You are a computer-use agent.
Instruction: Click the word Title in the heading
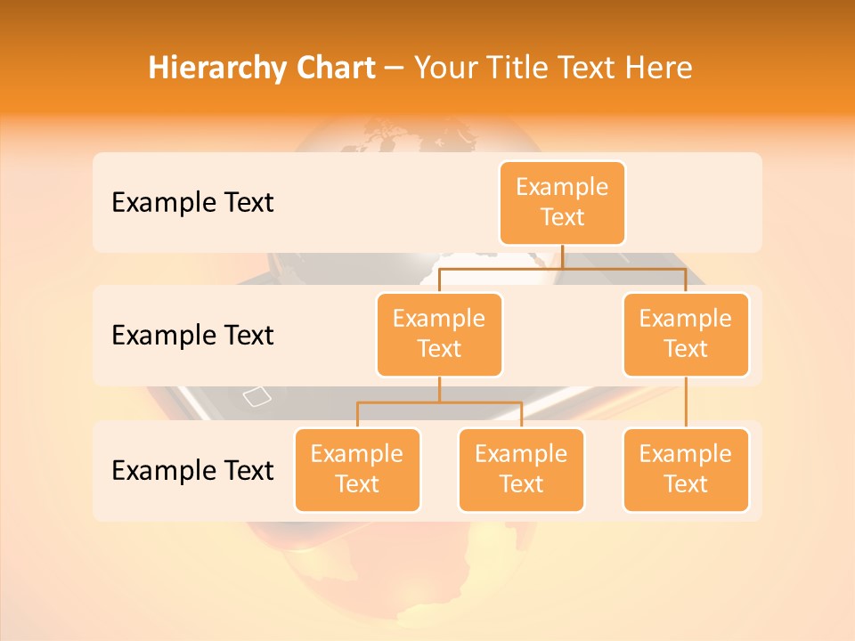516,68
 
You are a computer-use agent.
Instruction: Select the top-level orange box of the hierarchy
562,203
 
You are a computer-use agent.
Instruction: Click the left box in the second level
439,334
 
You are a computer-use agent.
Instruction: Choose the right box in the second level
686,334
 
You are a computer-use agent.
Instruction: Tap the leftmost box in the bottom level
357,469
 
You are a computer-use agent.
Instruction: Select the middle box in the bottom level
521,469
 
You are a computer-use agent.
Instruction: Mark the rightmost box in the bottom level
686,469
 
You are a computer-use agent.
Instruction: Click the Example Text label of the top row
192,203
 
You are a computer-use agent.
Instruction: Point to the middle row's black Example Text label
192,336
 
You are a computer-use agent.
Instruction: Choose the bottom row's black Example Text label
192,471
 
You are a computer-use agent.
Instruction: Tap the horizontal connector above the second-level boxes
562,267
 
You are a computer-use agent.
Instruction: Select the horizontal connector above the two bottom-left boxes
439,402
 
